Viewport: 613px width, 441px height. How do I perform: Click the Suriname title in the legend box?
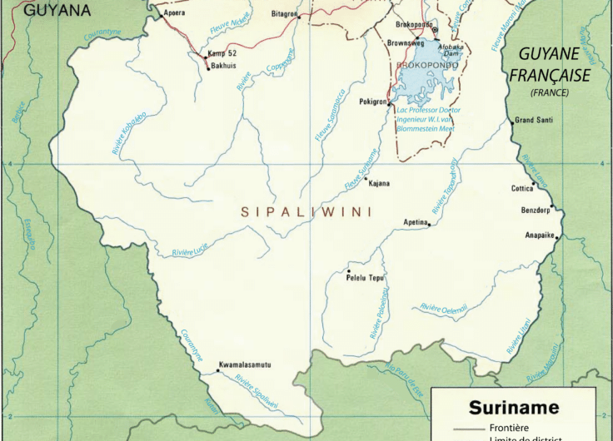point(515,409)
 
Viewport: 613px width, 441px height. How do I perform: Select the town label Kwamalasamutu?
point(244,364)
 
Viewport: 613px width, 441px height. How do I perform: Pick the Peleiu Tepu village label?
point(365,277)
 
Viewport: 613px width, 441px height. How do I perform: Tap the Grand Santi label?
point(534,121)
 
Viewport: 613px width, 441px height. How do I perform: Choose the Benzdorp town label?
point(535,210)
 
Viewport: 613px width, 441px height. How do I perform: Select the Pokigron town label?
point(373,102)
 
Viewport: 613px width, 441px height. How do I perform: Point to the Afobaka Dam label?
point(427,52)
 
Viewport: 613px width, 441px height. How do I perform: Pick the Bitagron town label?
point(284,14)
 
